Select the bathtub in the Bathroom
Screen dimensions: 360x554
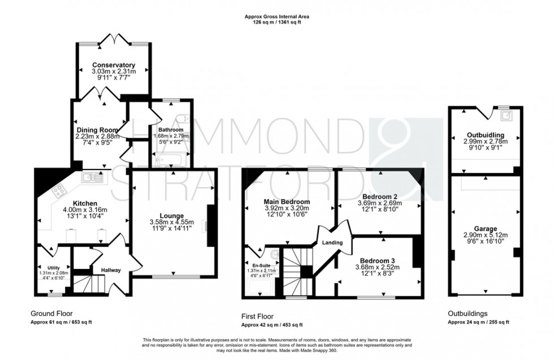click(x=171, y=160)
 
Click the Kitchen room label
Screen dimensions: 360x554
click(x=85, y=203)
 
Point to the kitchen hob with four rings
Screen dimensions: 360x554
click(x=58, y=193)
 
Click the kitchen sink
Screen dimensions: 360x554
click(x=90, y=177)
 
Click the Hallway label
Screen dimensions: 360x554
click(x=111, y=270)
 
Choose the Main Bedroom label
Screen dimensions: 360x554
click(x=287, y=202)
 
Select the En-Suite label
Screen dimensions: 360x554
click(x=261, y=264)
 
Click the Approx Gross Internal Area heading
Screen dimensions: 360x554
click(x=276, y=17)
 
